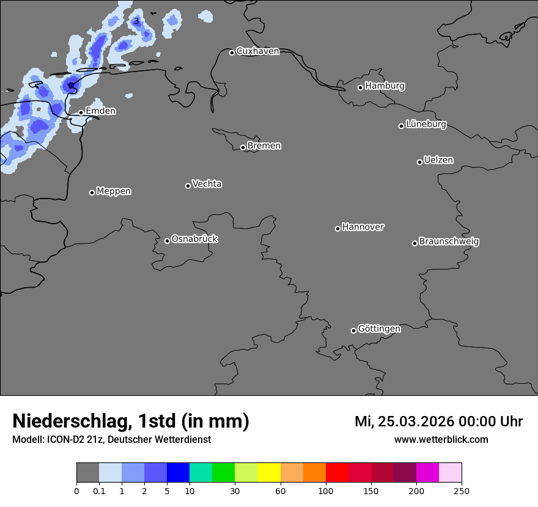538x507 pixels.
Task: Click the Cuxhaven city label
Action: (257, 51)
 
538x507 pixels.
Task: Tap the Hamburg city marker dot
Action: (360, 87)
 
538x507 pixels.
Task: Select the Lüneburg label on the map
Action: (426, 125)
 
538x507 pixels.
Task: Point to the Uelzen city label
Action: (438, 161)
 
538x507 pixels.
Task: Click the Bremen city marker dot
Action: (243, 147)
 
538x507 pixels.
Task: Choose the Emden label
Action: (100, 111)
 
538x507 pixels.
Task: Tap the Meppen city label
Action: (114, 191)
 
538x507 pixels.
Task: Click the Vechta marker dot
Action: (188, 186)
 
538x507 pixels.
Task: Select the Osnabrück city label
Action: (194, 239)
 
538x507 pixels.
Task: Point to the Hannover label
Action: (363, 227)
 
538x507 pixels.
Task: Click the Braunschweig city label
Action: (449, 242)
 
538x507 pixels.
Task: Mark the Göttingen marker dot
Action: (353, 330)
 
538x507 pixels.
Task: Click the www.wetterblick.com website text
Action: (441, 440)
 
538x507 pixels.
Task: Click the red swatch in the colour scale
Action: (337, 473)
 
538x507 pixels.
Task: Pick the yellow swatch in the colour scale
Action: (269, 473)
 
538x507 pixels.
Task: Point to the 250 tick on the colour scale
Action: (462, 491)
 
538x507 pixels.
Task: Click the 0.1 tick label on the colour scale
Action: (99, 491)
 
